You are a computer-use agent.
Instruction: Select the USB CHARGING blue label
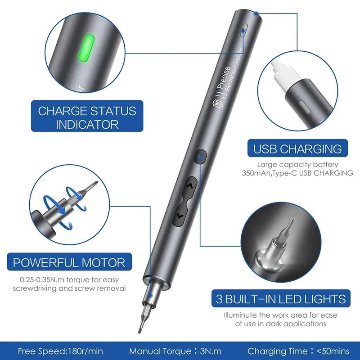click(298, 148)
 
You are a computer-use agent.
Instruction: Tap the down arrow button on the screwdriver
click(180, 216)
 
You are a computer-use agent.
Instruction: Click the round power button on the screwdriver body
click(200, 157)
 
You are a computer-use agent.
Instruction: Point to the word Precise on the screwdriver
click(225, 75)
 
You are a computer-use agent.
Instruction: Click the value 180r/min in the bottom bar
click(90, 351)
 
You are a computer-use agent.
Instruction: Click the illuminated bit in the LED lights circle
click(282, 238)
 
